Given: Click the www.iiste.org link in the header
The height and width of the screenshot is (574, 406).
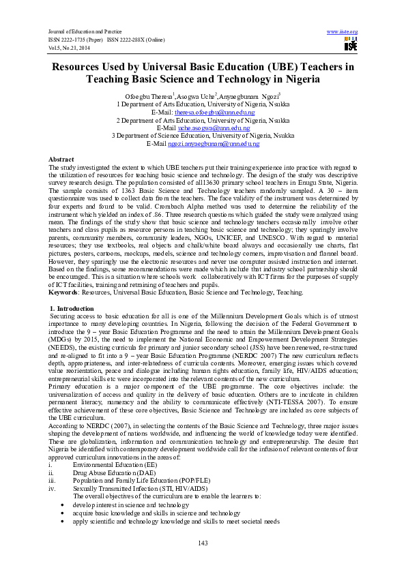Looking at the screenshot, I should pyautogui.click(x=343, y=32).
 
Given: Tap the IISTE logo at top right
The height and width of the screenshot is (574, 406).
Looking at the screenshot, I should pyautogui.click(x=351, y=45).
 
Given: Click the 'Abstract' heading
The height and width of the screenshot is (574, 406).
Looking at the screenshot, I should pyautogui.click(x=61, y=159).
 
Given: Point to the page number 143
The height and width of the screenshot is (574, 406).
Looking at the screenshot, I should pyautogui.click(x=203, y=543).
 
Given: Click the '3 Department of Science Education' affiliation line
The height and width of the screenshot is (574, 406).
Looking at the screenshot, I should pyautogui.click(x=203, y=136).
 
